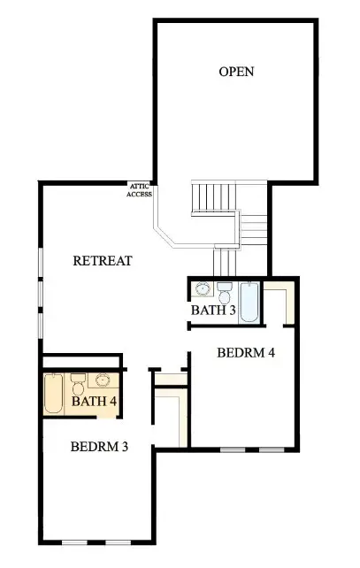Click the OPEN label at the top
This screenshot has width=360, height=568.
pyautogui.click(x=236, y=72)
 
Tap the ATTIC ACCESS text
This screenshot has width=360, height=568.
pyautogui.click(x=140, y=190)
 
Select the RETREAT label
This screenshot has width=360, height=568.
pyautogui.click(x=103, y=261)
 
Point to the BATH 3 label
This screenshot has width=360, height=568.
pyautogui.click(x=213, y=311)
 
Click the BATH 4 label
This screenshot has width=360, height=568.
pyautogui.click(x=95, y=401)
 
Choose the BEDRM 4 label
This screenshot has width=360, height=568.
pyautogui.click(x=246, y=352)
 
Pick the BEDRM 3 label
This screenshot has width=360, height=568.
pyautogui.click(x=100, y=446)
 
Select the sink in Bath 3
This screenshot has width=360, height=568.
pyautogui.click(x=203, y=290)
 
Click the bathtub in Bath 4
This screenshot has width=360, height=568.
pyautogui.click(x=54, y=395)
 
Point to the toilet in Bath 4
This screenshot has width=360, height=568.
pyautogui.click(x=78, y=386)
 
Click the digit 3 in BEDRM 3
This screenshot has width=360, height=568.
pyautogui.click(x=125, y=446)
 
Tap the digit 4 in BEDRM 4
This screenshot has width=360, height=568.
pyautogui.click(x=272, y=352)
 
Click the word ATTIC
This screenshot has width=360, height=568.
pyautogui.click(x=140, y=186)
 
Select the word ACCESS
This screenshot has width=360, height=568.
pyautogui.click(x=140, y=195)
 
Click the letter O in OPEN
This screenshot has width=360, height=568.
pyautogui.click(x=224, y=72)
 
